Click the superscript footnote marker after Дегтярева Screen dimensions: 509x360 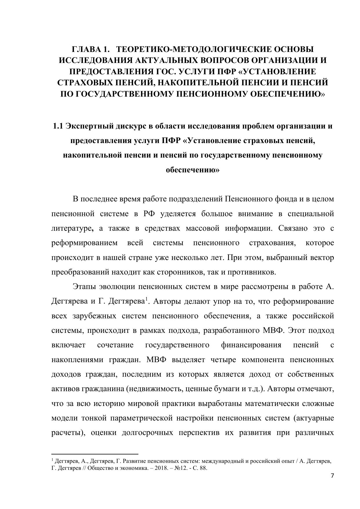click(147, 299)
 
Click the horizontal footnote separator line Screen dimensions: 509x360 click(95, 454)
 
